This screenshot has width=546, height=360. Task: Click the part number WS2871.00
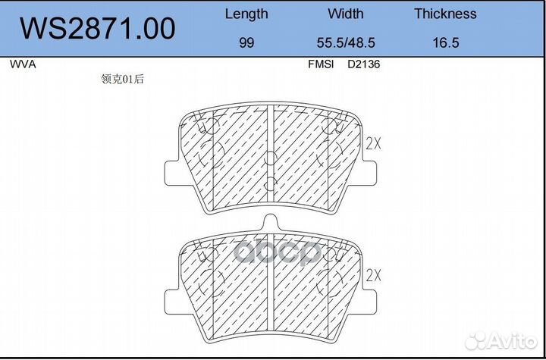click(x=97, y=29)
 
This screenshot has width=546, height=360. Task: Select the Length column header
click(x=246, y=14)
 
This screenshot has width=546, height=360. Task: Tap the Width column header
click(x=346, y=14)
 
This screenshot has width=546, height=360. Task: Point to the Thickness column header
click(x=445, y=14)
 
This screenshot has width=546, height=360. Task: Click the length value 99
click(x=246, y=43)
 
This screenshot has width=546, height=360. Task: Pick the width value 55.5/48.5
click(x=346, y=43)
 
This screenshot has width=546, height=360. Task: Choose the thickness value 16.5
click(x=446, y=43)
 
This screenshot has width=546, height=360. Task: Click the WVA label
click(x=23, y=64)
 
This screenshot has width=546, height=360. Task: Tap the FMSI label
click(x=321, y=64)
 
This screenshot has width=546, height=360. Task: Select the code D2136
click(x=363, y=64)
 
